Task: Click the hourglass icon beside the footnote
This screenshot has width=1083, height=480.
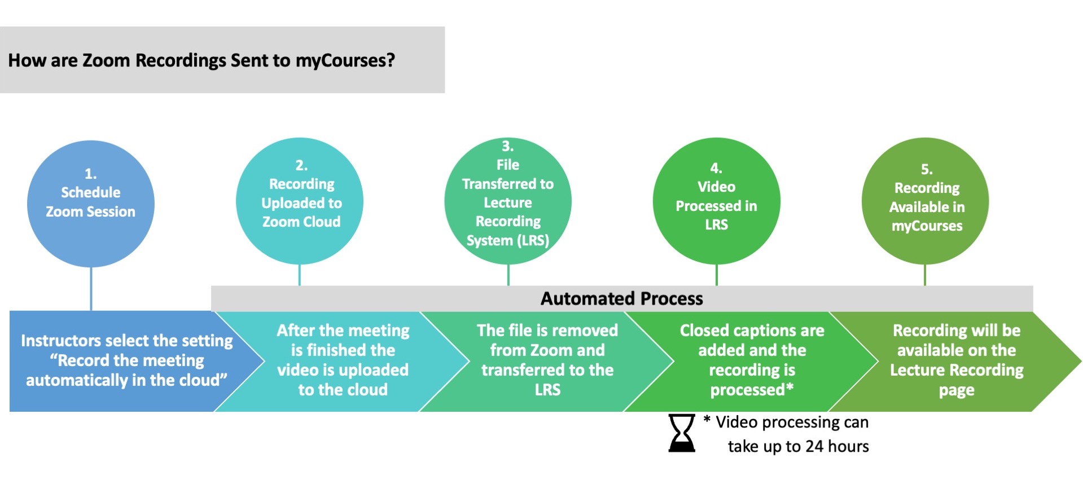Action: [x=681, y=433]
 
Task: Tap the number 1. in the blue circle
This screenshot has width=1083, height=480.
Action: [x=90, y=174]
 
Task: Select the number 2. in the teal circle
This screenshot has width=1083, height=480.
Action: [x=301, y=165]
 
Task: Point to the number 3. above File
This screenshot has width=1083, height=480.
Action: [x=507, y=146]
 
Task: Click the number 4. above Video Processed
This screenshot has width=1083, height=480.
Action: [x=716, y=168]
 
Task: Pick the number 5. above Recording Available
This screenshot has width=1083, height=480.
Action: [x=926, y=169]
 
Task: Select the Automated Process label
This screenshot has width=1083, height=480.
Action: [x=621, y=298]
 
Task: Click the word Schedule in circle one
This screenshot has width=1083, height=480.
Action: [x=90, y=192]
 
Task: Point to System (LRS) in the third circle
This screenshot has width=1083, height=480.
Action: [x=507, y=240]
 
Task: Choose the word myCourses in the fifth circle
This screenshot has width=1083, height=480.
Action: [x=927, y=226]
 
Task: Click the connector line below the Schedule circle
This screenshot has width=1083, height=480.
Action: [x=91, y=288]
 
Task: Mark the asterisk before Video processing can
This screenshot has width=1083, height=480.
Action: [x=707, y=420]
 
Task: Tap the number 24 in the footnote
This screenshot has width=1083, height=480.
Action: [x=814, y=446]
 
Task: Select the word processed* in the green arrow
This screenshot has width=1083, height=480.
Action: [x=751, y=390]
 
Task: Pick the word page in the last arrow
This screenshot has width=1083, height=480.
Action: [x=956, y=390]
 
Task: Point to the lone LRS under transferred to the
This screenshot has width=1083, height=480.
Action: [x=547, y=390]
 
